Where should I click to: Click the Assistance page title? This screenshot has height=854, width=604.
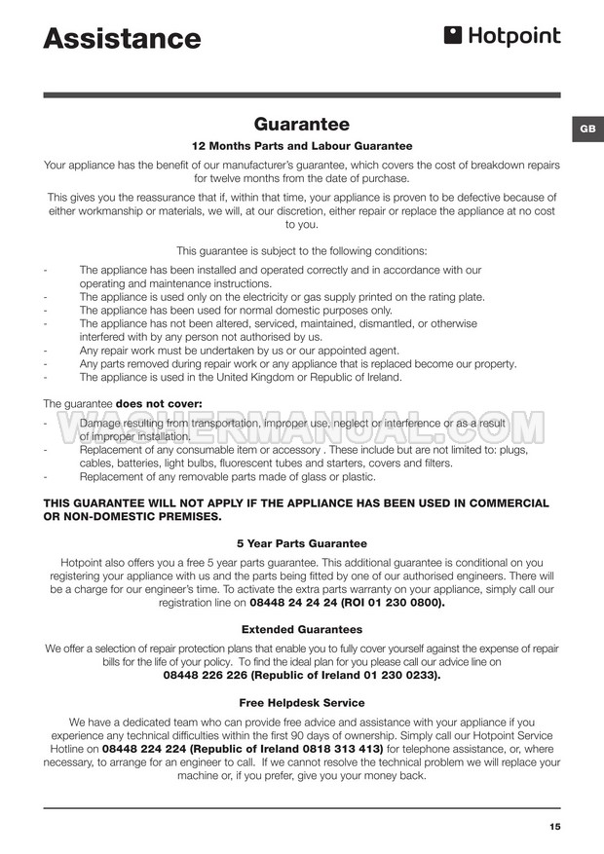tap(122, 39)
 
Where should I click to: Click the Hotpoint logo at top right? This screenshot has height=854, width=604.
tap(503, 37)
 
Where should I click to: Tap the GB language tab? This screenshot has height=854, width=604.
tap(587, 130)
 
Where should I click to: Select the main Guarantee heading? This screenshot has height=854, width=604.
tap(301, 125)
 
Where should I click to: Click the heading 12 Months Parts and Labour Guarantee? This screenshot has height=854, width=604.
tap(301, 146)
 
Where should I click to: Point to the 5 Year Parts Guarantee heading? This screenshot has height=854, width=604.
tap(301, 543)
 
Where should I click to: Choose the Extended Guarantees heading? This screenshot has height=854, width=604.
tap(301, 630)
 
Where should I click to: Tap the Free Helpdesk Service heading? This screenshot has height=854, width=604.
tap(301, 703)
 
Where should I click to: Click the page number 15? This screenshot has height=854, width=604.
tap(554, 827)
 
